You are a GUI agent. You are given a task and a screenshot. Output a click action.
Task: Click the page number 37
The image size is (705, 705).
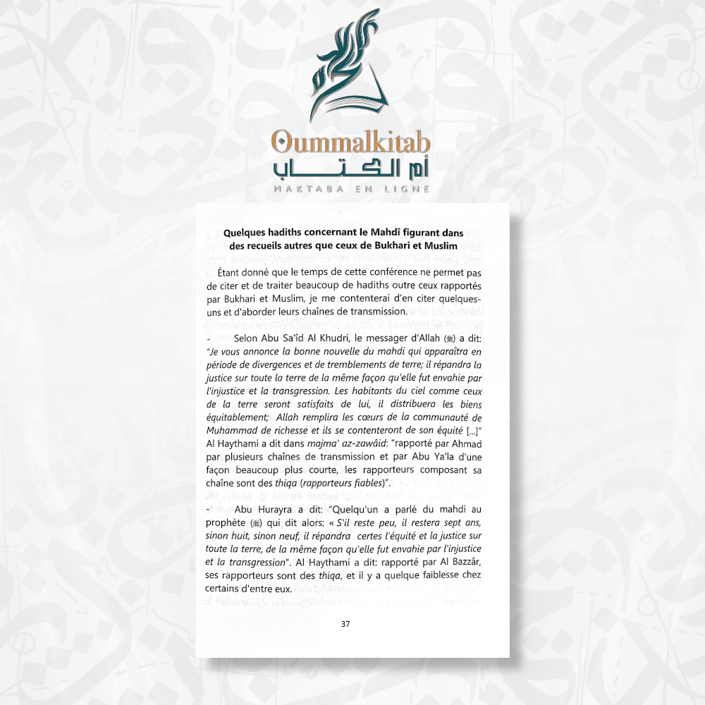pyautogui.click(x=345, y=623)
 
